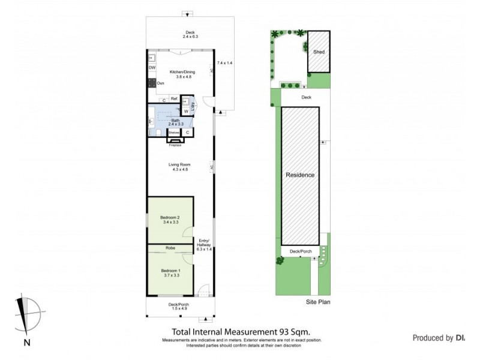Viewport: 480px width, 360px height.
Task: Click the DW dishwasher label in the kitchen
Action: [152, 68]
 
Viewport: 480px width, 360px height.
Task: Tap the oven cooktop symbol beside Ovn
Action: [152, 83]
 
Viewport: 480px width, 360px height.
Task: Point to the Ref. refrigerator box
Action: [173, 98]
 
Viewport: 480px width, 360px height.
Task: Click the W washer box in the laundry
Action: [185, 111]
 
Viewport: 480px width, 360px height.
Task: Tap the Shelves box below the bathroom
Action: [173, 132]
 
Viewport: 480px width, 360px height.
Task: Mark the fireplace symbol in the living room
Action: [175, 142]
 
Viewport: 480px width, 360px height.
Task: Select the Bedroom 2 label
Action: [170, 220]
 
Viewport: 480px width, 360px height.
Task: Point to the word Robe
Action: [170, 247]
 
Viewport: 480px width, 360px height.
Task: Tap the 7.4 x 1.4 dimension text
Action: [224, 63]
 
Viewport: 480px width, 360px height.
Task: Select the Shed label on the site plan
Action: [319, 52]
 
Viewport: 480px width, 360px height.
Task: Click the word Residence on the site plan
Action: [300, 175]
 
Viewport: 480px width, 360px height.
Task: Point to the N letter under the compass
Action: [27, 343]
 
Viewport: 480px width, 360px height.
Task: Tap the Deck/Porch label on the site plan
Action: [300, 251]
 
